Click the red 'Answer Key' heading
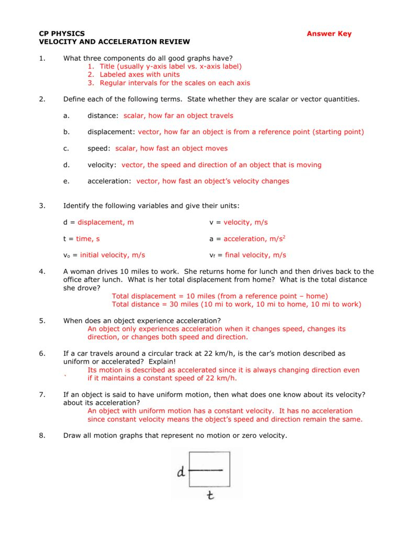point(329,34)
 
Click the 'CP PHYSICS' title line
point(62,34)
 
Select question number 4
point(42,272)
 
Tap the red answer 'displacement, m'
point(106,223)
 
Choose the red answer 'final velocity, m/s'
point(255,255)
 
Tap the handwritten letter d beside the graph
point(181,473)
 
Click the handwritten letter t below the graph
point(210,494)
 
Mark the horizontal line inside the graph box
point(207,470)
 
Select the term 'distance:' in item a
point(103,115)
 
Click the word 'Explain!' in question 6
point(162,362)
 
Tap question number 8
point(42,435)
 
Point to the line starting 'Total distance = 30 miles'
point(237,304)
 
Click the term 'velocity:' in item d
point(102,165)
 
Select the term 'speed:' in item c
point(99,148)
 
